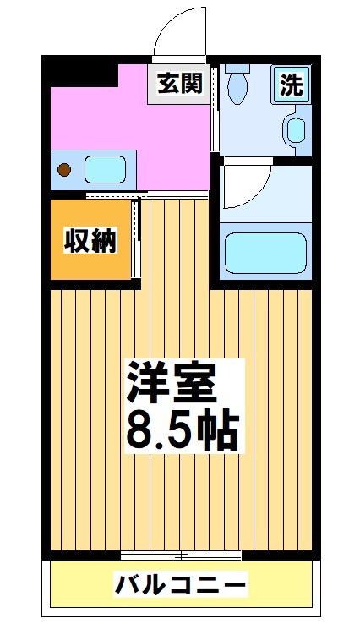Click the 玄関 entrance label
point(179,84)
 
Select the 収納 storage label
point(90,241)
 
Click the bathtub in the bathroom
point(265,251)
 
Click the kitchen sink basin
point(106,168)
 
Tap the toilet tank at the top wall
point(237,65)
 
